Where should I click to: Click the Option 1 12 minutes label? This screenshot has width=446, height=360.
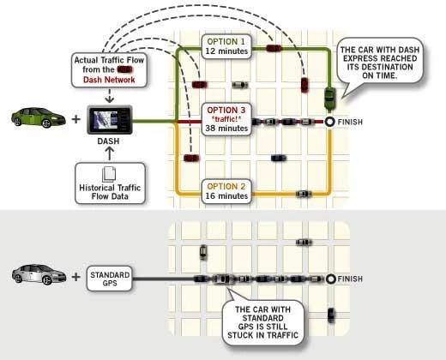pos(226,46)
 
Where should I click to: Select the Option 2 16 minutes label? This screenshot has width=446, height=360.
pos(226,191)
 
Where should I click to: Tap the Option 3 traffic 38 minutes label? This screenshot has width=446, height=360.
pos(226,119)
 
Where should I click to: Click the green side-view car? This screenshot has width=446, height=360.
pos(39,117)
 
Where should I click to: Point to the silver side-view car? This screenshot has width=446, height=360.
pos(39,274)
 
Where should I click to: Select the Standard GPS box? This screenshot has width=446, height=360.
pos(110,279)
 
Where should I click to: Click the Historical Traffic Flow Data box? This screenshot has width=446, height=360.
pos(110,183)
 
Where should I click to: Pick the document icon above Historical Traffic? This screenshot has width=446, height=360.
pos(109,174)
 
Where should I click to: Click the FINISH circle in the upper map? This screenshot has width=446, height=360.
pos(329,122)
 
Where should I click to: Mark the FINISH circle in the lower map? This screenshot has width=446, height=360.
pos(331,279)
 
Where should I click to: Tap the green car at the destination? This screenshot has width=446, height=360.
pos(329,99)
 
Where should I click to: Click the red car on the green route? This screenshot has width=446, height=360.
pos(274,48)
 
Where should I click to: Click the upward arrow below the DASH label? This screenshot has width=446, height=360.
pos(110,153)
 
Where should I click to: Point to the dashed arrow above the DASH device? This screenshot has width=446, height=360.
pos(110,95)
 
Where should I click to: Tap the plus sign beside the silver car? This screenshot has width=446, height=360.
pos(76,277)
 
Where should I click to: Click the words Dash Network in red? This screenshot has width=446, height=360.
pos(109,80)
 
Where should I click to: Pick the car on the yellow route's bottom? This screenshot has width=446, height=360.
pos(304,194)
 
